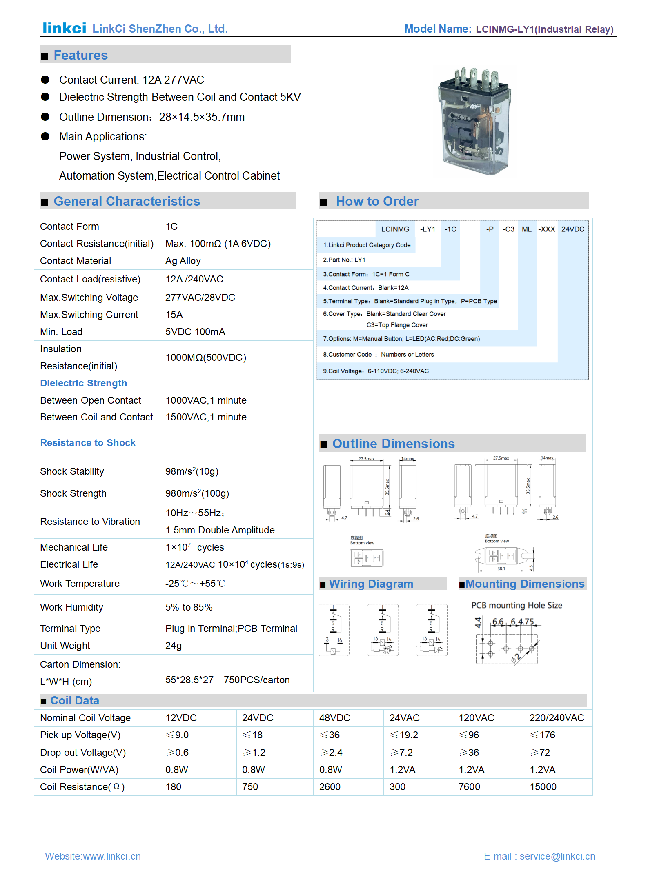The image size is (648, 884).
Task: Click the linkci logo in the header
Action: coord(64,28)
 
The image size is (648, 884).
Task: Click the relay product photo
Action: coord(475,122)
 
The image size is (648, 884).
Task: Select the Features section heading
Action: coord(80,55)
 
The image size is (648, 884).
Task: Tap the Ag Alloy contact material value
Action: coord(183,261)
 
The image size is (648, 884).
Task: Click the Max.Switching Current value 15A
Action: coord(174,315)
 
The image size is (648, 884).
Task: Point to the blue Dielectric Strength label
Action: coord(83,383)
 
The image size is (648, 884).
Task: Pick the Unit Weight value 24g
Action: coord(174,646)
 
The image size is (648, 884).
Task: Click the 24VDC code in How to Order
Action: coord(572,229)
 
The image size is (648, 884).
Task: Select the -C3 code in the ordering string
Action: coord(508,229)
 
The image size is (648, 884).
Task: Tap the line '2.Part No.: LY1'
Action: coord(344,260)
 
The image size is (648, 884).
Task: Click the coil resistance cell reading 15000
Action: coord(543,787)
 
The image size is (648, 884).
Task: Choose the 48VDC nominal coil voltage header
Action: coord(334,718)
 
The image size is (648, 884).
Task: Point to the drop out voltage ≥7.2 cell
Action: coord(401,753)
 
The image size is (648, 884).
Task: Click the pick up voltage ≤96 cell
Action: coord(469,735)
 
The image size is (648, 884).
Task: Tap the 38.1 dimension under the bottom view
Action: coord(501,569)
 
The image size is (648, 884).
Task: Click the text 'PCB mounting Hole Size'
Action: coord(517,605)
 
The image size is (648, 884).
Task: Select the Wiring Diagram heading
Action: coord(371,584)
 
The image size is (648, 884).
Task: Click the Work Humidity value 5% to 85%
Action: coord(189,607)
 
